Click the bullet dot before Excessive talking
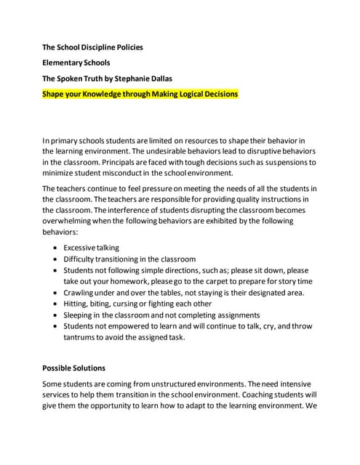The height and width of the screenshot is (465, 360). tap(55, 248)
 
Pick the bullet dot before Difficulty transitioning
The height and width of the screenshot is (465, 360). tap(55, 259)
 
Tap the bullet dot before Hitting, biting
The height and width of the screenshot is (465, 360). tap(55, 304)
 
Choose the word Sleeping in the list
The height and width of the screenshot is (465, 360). tap(81, 315)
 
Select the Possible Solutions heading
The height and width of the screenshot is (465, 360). tap(73, 368)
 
